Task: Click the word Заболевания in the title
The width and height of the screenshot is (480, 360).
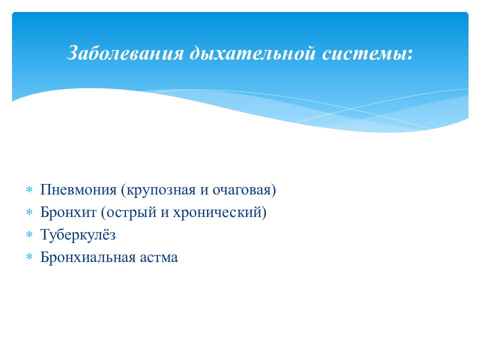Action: click(125, 52)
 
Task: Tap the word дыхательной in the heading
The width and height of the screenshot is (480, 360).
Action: click(252, 52)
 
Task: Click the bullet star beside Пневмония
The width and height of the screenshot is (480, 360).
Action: click(29, 190)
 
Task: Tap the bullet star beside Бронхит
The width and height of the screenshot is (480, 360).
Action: click(29, 212)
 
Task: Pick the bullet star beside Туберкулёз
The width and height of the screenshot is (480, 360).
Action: click(29, 235)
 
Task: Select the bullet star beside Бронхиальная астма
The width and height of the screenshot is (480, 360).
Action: click(29, 257)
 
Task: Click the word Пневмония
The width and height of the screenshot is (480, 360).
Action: click(78, 190)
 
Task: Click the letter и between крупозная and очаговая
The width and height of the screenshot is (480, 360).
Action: click(204, 190)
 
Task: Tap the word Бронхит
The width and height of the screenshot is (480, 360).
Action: click(68, 212)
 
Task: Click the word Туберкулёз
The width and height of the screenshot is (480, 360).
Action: click(78, 235)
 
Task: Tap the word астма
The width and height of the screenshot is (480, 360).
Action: click(159, 258)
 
